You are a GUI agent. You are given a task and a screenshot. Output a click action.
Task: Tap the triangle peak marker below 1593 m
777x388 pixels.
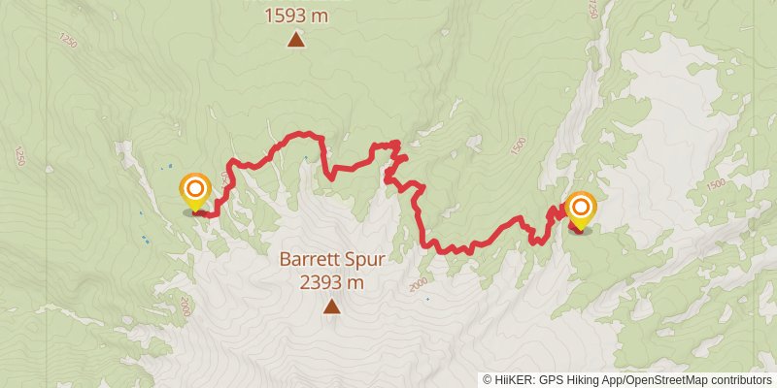[295, 40]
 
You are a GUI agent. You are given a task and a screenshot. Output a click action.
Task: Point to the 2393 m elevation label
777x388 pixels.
[331, 283]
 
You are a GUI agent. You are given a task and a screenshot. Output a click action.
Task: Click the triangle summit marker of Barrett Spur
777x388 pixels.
[331, 307]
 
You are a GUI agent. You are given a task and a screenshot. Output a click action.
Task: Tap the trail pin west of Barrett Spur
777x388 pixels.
[195, 189]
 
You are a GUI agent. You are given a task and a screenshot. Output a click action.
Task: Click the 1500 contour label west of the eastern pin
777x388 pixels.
[518, 145]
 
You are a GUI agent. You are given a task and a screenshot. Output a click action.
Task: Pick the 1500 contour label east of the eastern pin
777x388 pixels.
[715, 184]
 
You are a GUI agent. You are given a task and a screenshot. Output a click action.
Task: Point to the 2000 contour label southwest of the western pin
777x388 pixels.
[184, 307]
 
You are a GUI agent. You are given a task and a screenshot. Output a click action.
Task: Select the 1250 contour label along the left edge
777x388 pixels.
[18, 155]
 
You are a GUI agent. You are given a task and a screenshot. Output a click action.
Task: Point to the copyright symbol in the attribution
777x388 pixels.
[488, 379]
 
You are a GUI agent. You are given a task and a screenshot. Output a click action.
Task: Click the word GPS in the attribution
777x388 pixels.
[552, 379]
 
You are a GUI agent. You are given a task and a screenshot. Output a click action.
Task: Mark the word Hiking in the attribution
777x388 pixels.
[585, 379]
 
